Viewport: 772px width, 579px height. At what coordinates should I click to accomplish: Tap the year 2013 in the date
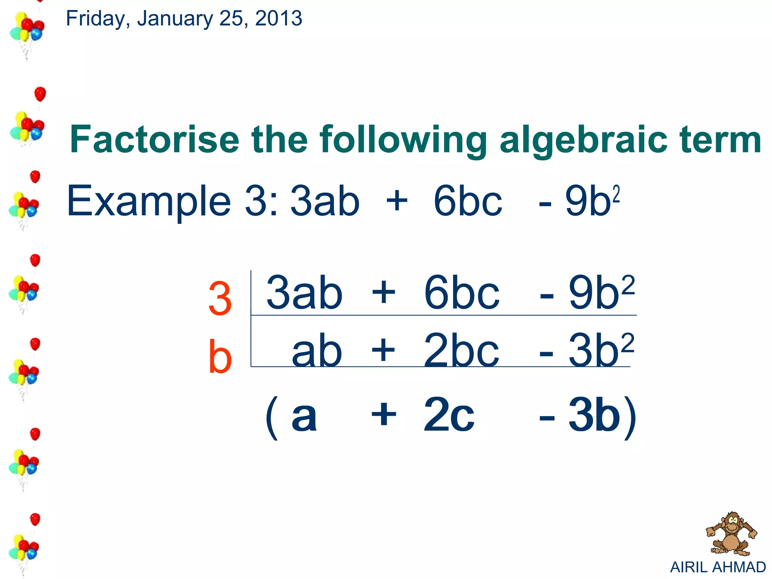pyautogui.click(x=279, y=18)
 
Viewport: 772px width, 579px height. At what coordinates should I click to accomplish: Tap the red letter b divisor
pyautogui.click(x=220, y=356)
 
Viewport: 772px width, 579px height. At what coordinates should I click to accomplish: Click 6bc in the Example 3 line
pyautogui.click(x=467, y=202)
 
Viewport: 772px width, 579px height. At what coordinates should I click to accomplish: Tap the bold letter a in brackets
pyautogui.click(x=304, y=417)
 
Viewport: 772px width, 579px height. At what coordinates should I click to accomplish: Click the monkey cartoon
pyautogui.click(x=730, y=534)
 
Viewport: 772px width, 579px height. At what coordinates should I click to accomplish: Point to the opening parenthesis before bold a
pyautogui.click(x=272, y=418)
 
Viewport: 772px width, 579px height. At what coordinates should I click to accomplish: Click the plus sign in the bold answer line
pyautogui.click(x=384, y=415)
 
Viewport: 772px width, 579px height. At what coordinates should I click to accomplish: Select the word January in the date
pyautogui.click(x=175, y=18)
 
